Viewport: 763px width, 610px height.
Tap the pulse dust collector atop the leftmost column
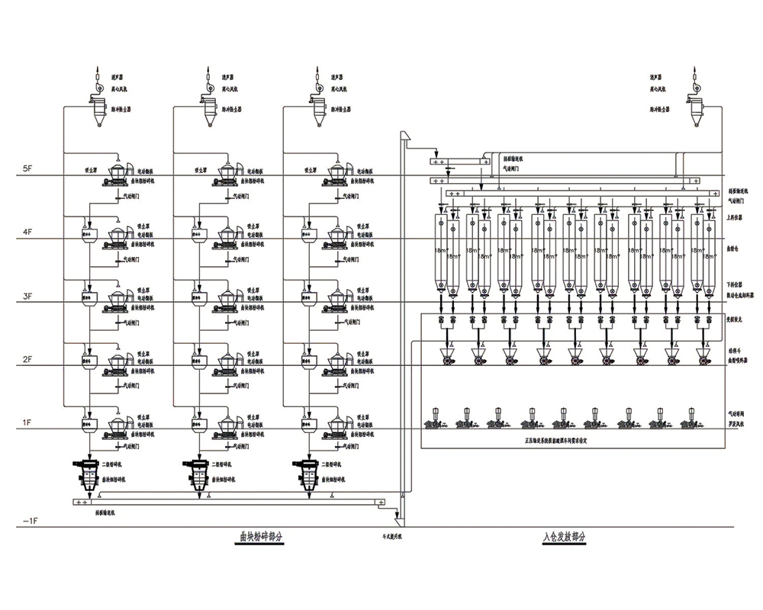(x=98, y=111)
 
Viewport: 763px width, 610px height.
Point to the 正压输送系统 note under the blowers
(x=565, y=440)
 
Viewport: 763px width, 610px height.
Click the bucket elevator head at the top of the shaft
(x=407, y=138)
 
